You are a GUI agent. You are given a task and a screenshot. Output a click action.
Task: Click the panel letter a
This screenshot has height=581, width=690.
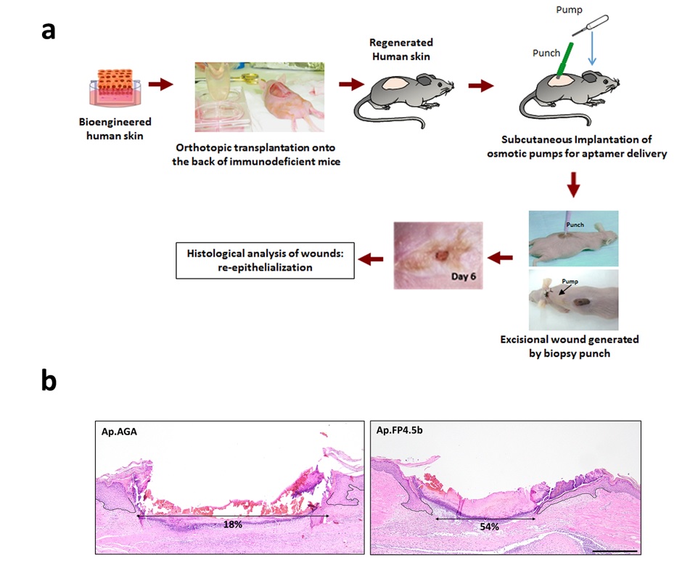49,30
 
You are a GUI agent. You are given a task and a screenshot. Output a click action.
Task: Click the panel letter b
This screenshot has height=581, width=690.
49,381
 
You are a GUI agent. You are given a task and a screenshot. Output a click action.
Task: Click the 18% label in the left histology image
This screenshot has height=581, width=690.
231,522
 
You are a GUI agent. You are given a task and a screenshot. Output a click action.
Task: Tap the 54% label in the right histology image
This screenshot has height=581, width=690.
488,526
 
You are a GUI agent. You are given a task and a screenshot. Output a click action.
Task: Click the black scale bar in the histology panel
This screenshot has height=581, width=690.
615,550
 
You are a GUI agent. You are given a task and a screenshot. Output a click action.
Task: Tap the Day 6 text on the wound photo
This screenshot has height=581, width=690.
456,276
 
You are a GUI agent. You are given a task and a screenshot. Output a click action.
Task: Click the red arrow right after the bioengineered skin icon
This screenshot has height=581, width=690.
165,85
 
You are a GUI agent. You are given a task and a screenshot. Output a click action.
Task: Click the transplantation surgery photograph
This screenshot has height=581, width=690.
259,96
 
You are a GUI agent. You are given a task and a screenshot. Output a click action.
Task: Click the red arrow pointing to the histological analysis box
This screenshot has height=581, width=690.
372,258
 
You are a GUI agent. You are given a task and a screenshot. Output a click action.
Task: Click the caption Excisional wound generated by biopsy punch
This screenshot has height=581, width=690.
572,345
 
